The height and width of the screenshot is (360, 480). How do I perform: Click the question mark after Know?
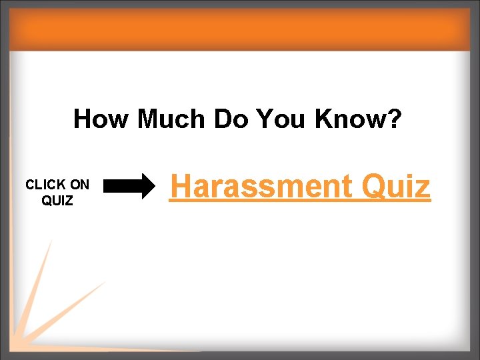(x=394, y=119)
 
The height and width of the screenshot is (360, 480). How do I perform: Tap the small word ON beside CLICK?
(x=79, y=185)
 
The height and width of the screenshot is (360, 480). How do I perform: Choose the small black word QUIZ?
(x=57, y=200)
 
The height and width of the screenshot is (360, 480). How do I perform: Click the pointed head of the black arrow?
(x=146, y=187)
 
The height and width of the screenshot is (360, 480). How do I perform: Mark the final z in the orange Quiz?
(x=423, y=189)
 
